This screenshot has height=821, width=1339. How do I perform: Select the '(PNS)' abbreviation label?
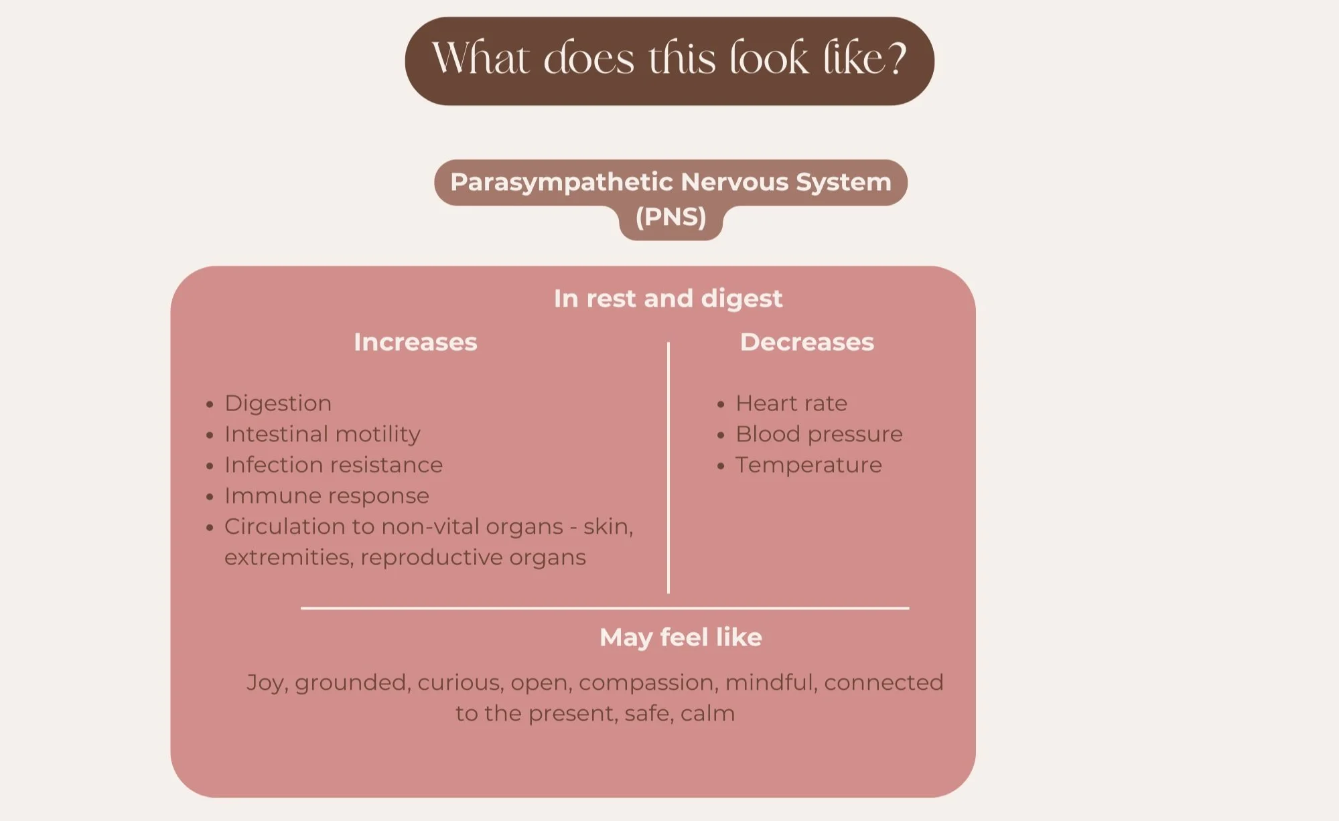click(x=671, y=217)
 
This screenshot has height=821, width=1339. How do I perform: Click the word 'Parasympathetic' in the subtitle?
click(x=561, y=182)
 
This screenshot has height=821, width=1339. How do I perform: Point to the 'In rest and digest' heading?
click(x=668, y=299)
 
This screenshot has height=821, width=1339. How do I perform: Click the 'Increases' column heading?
click(x=415, y=342)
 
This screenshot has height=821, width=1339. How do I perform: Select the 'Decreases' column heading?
click(x=806, y=342)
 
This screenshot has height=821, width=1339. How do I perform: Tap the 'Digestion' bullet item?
click(x=278, y=403)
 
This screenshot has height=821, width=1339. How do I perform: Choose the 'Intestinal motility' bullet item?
click(x=322, y=434)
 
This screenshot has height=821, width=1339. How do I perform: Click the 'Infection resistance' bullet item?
click(x=334, y=465)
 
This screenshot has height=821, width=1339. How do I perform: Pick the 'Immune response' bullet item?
click(x=327, y=496)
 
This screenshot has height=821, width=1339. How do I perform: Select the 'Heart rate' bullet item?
click(x=791, y=403)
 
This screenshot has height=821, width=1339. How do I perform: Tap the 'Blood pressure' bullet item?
click(x=819, y=434)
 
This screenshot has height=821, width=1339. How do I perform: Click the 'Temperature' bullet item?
click(x=808, y=465)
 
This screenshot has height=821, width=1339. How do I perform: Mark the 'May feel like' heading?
click(x=681, y=638)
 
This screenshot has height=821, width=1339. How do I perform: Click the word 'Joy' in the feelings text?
click(x=267, y=682)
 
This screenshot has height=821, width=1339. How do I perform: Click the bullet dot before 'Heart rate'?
click(x=721, y=404)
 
